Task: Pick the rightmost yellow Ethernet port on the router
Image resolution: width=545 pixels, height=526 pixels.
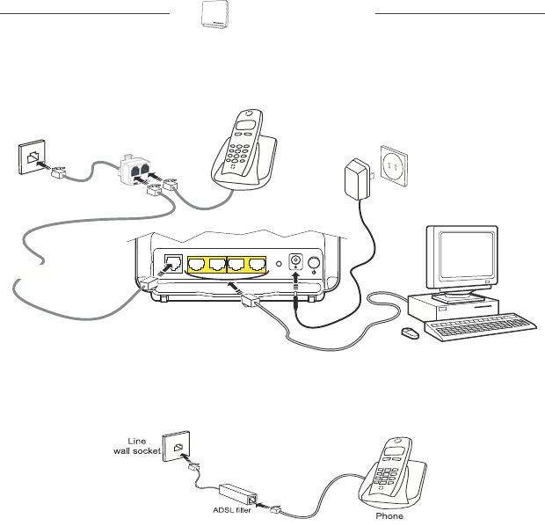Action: (256, 263)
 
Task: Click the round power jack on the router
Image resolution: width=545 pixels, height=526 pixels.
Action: (294, 262)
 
